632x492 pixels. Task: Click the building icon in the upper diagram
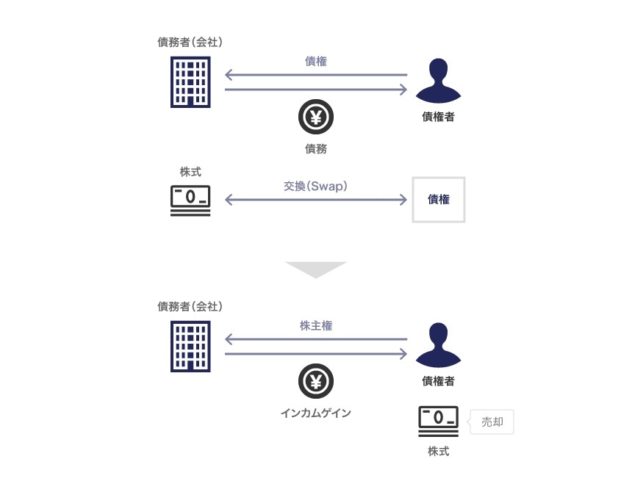pyautogui.click(x=190, y=82)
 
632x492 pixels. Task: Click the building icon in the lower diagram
pyautogui.click(x=190, y=346)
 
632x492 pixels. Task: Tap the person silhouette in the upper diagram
pyautogui.click(x=438, y=80)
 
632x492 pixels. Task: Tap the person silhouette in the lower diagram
pyautogui.click(x=438, y=344)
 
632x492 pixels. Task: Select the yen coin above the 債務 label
pyautogui.click(x=316, y=117)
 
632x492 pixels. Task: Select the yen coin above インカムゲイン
pyautogui.click(x=316, y=381)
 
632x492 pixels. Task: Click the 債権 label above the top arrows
pyautogui.click(x=316, y=61)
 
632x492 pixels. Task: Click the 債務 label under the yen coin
pyautogui.click(x=316, y=149)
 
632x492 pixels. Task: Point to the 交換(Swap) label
pyautogui.click(x=316, y=187)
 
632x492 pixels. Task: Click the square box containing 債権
pyautogui.click(x=439, y=199)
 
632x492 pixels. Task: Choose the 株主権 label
pyautogui.click(x=316, y=325)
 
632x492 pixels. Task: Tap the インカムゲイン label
pyautogui.click(x=316, y=413)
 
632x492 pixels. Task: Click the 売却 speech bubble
pyautogui.click(x=492, y=422)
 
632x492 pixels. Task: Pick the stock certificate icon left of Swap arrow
pyautogui.click(x=190, y=200)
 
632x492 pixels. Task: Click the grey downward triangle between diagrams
pyautogui.click(x=316, y=269)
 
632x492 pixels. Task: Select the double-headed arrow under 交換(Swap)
pyautogui.click(x=316, y=200)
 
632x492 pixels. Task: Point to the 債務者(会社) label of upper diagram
pyautogui.click(x=190, y=42)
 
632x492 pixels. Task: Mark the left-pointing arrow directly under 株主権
pyautogui.click(x=316, y=339)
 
